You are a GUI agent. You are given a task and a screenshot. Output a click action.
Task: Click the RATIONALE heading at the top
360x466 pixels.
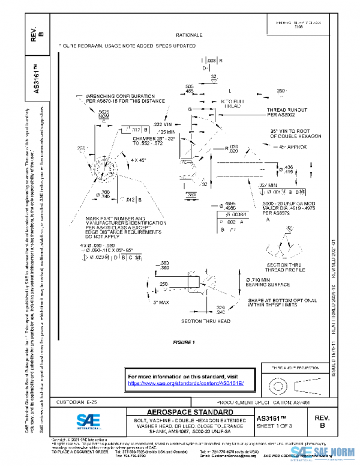[189, 35]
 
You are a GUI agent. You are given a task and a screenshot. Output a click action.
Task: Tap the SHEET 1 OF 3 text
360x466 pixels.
[277, 426]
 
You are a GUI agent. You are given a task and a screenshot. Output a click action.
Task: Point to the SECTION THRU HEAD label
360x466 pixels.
[206, 321]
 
